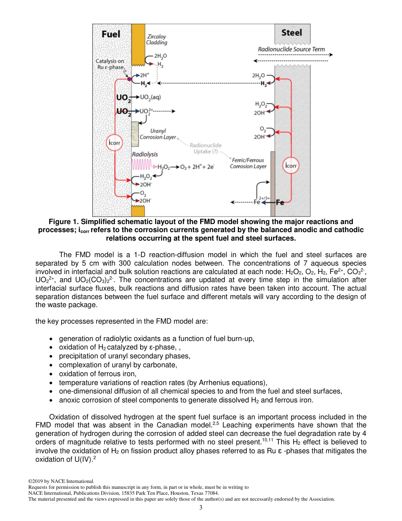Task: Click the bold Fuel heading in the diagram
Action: pos(111,34)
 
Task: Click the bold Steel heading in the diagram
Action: pos(292,32)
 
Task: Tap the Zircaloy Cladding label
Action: pos(157,39)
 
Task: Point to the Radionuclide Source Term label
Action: pos(292,49)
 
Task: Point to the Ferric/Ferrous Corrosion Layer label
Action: pos(248,163)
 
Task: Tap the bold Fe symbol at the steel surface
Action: pos(280,202)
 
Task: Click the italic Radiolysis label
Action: pos(145,155)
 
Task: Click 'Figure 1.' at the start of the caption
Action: pos(63,222)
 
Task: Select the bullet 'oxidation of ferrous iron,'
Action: pos(97,373)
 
